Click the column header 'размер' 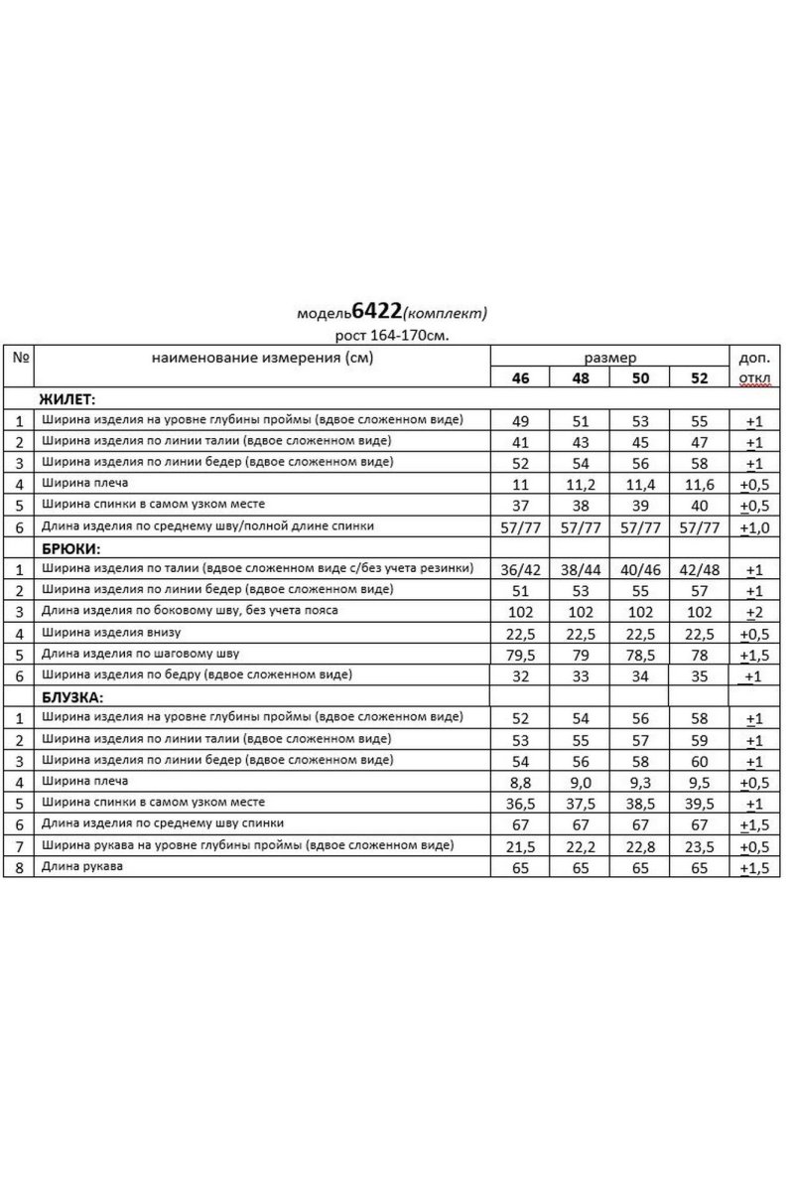point(610,357)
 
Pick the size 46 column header point(519,378)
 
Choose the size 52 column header point(699,378)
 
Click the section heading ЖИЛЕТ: point(66,399)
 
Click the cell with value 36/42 point(519,569)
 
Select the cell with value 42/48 point(699,569)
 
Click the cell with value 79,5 point(519,654)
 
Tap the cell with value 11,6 point(699,484)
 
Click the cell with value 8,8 point(519,782)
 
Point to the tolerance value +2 point(754,611)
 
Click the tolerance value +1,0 point(754,526)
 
